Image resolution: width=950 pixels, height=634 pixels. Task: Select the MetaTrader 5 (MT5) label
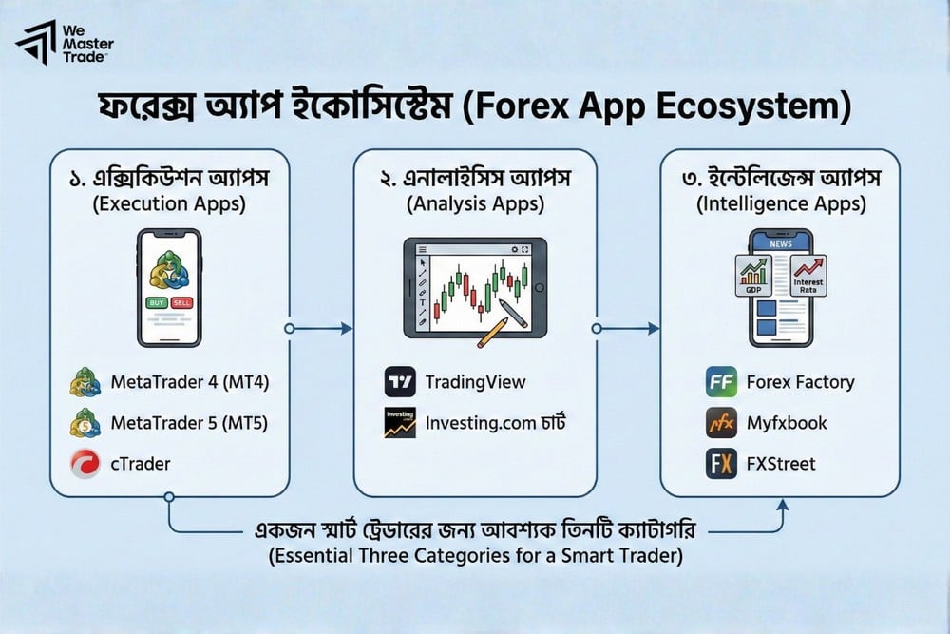(x=188, y=423)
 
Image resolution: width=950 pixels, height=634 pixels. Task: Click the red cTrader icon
(x=85, y=464)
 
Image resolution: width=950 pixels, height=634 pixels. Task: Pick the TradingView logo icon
(x=400, y=382)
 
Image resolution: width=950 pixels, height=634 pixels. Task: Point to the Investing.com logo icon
(x=400, y=423)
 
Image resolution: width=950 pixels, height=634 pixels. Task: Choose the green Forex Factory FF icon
(x=722, y=382)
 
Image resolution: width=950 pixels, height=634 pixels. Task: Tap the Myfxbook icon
(x=722, y=423)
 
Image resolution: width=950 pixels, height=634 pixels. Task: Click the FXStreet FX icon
(x=722, y=464)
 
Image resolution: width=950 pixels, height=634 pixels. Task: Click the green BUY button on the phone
(x=156, y=302)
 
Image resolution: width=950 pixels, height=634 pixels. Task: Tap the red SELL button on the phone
(x=183, y=302)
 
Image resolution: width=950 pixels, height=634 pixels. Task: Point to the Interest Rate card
(x=808, y=275)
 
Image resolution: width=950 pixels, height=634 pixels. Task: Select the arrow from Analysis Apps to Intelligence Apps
(x=628, y=328)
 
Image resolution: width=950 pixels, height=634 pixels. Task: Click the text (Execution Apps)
(x=170, y=202)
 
